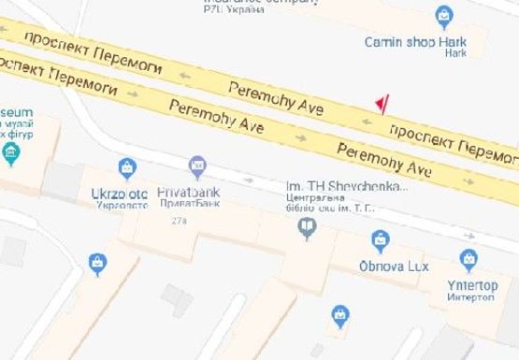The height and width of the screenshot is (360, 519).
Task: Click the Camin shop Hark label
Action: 414,41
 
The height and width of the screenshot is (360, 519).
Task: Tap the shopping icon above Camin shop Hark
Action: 444,16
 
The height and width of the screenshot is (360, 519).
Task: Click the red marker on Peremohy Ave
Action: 381,102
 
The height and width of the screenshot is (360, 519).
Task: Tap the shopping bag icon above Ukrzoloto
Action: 127,168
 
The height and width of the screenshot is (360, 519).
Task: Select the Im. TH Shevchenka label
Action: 347,186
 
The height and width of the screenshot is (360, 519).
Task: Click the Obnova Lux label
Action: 394,266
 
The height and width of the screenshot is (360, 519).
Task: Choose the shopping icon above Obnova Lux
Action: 380,241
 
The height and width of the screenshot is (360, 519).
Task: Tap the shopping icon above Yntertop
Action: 469,259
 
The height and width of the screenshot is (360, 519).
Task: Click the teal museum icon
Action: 11,153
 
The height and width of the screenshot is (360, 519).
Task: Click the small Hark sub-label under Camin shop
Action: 455,53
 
